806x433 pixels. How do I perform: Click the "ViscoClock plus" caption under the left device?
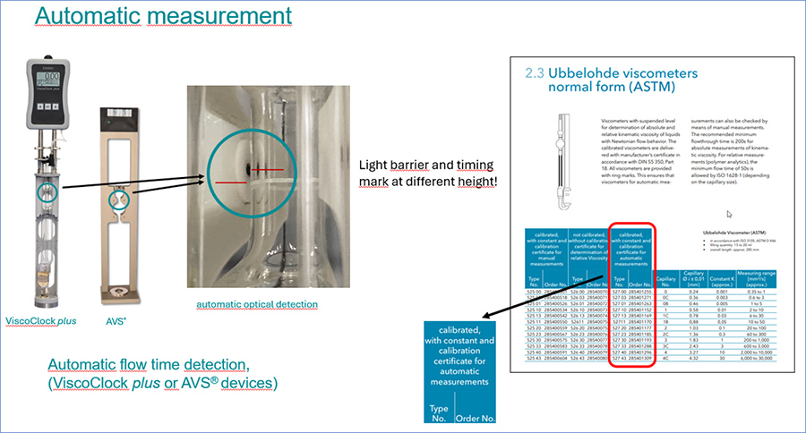pyautogui.click(x=41, y=320)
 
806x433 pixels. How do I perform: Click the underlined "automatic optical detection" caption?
pyautogui.click(x=257, y=304)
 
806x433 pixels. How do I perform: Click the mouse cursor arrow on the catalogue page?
pyautogui.click(x=731, y=215)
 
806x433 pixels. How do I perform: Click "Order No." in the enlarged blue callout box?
pyautogui.click(x=475, y=417)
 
